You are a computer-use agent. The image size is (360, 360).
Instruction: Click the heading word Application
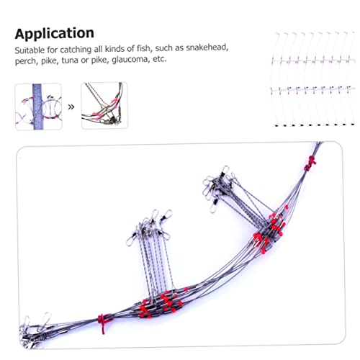55,34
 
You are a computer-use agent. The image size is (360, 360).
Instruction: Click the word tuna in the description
70,60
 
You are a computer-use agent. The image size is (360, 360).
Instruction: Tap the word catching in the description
76,50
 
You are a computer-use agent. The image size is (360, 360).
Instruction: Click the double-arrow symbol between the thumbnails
71,107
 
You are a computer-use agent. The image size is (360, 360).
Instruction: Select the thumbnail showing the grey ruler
38,107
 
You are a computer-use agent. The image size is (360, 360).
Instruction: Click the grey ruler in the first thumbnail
37,107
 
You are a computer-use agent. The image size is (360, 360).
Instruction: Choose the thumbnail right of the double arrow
104,105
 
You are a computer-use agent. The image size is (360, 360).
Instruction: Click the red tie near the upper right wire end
310,163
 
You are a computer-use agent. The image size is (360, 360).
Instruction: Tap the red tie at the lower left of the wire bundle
104,323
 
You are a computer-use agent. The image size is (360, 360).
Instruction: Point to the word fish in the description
144,48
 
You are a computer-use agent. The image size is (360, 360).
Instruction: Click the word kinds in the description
115,49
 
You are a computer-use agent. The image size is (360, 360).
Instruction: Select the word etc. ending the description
160,59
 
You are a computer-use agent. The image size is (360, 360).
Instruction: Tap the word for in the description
52,50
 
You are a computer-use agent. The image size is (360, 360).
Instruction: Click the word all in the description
98,49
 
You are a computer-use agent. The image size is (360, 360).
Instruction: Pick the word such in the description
164,48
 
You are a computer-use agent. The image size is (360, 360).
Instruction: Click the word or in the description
85,60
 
